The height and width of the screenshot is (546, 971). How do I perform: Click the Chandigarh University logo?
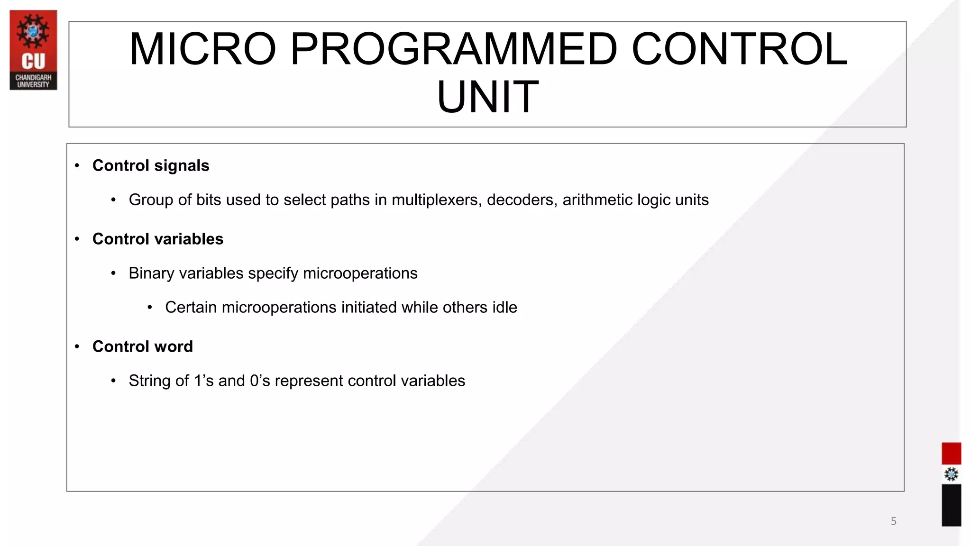point(33,50)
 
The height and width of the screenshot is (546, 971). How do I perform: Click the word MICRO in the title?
point(202,49)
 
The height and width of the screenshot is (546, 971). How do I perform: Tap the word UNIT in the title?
point(487,97)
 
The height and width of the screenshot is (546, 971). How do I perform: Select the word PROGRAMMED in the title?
point(454,49)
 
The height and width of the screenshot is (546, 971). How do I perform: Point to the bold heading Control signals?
point(151,166)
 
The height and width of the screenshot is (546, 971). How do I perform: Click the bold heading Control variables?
point(157,239)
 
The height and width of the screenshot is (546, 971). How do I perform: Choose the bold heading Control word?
point(142,346)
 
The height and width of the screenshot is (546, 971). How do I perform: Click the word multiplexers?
point(436,200)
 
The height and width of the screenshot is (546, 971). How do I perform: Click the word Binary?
point(151,273)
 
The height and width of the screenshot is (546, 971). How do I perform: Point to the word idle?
point(504,307)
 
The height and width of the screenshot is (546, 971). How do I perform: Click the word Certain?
point(191,307)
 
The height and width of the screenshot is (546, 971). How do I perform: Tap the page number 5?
point(893,521)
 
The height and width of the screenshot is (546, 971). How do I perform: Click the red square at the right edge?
point(951,453)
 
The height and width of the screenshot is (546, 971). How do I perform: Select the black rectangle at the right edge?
point(951,505)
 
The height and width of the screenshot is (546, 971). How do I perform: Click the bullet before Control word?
point(77,346)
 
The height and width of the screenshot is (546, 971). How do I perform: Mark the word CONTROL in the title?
point(739,49)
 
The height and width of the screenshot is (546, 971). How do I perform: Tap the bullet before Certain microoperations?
point(150,308)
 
